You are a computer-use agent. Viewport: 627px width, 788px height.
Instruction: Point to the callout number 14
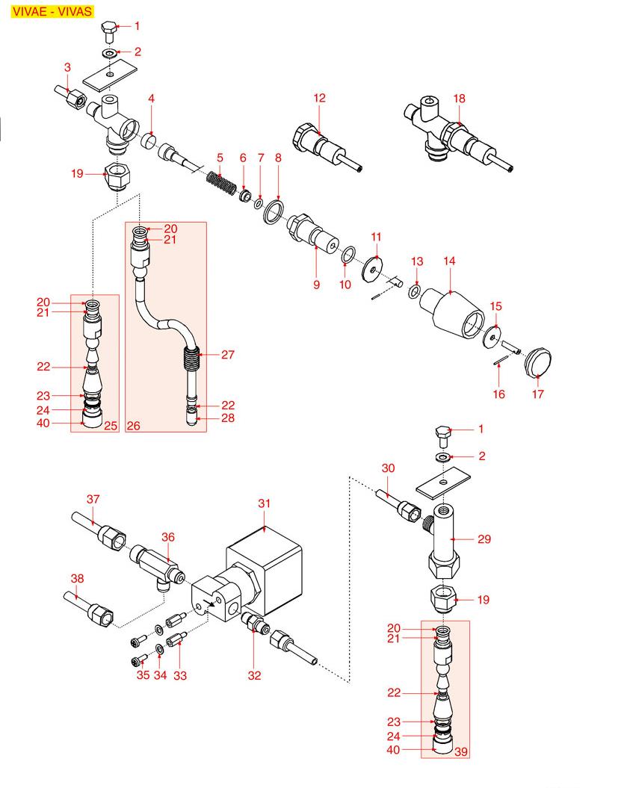(450, 261)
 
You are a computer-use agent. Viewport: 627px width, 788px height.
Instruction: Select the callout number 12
(320, 98)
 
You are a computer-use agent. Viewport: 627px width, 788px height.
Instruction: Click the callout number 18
(459, 98)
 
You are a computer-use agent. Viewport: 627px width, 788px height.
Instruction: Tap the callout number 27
(228, 355)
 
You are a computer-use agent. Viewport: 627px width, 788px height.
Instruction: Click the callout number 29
(484, 539)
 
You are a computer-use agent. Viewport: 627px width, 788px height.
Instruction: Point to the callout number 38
(77, 577)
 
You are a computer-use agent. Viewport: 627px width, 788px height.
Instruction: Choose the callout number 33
(179, 676)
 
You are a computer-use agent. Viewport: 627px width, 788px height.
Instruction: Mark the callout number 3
(67, 68)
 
